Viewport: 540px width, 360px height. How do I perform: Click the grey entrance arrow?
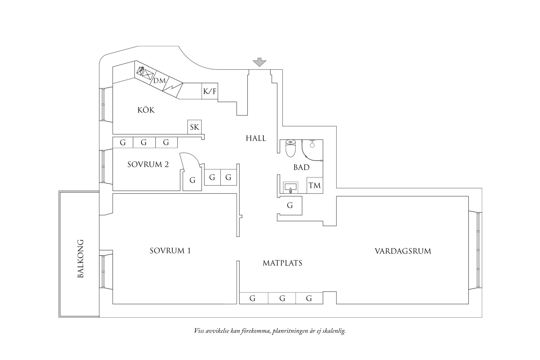click(259, 62)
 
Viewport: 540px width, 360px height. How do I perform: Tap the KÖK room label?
click(146, 110)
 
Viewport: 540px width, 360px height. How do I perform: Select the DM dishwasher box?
click(160, 81)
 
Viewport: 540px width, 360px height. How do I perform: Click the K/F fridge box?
click(210, 91)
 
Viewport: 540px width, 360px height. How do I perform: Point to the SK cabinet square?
click(194, 127)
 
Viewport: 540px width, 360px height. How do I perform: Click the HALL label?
click(256, 138)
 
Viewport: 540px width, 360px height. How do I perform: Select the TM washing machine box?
click(315, 185)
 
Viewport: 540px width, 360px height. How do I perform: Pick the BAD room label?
click(301, 167)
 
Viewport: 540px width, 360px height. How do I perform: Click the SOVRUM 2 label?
click(148, 164)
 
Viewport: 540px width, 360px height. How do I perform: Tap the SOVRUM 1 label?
click(170, 251)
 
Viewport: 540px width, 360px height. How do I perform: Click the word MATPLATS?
click(282, 263)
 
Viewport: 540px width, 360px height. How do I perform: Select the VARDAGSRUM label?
click(403, 251)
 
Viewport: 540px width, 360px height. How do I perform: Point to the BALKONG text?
click(80, 259)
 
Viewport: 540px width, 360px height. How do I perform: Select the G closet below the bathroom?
click(290, 206)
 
